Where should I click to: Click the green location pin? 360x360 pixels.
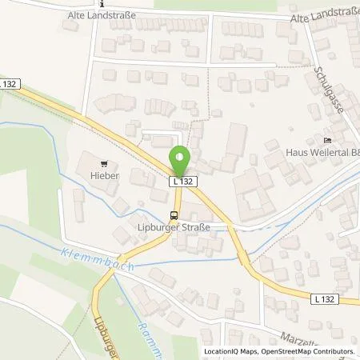(x=181, y=161)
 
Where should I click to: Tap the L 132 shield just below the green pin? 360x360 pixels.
(x=182, y=182)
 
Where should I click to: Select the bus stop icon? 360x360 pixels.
(x=174, y=214)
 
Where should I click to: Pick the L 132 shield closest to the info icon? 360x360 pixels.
(x=9, y=82)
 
